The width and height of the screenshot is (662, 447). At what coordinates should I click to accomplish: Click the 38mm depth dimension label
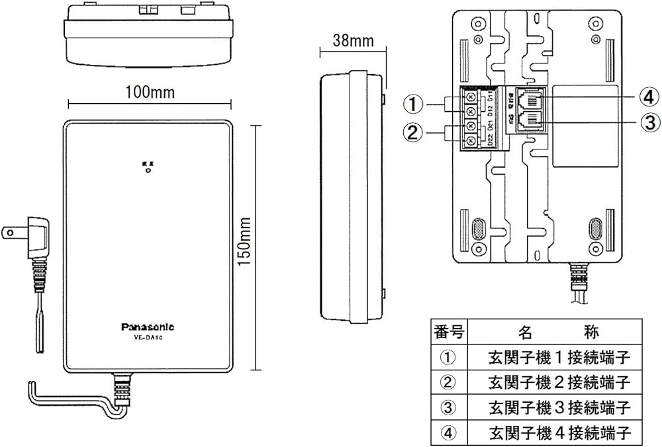click(352, 41)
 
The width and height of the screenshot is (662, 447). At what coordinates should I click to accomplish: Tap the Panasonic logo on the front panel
click(148, 326)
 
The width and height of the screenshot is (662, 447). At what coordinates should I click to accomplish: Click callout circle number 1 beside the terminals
click(413, 104)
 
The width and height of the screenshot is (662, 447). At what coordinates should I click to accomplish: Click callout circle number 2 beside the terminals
click(413, 132)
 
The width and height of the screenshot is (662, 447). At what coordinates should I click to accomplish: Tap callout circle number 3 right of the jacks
click(651, 123)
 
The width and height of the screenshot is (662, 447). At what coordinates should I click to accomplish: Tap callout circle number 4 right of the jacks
click(651, 98)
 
